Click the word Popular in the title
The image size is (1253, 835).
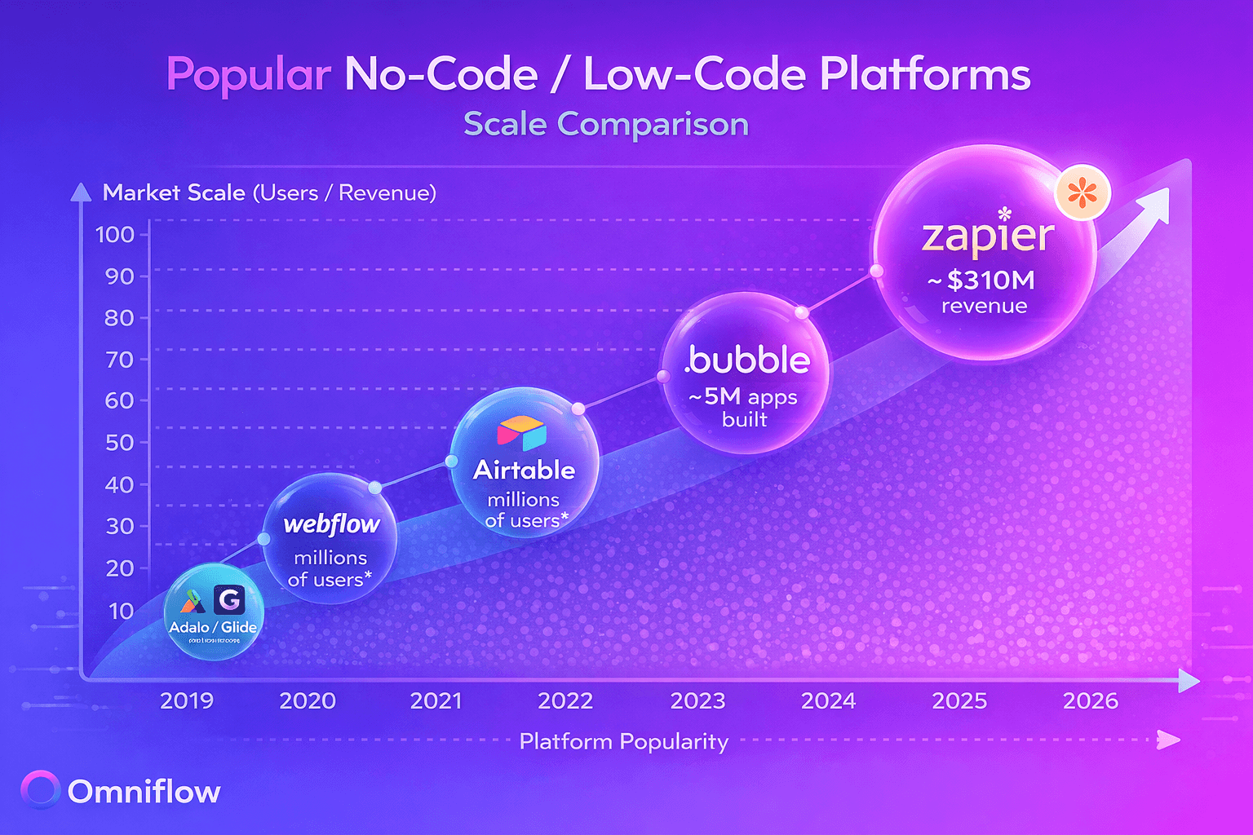tap(249, 75)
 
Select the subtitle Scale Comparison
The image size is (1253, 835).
tap(605, 125)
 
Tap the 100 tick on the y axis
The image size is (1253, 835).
tap(115, 235)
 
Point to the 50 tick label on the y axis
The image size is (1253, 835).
tap(119, 443)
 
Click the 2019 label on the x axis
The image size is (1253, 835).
tap(187, 700)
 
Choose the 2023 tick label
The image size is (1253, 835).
tap(697, 700)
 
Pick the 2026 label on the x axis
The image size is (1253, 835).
tap(1091, 700)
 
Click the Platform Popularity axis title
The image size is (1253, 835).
tap(624, 741)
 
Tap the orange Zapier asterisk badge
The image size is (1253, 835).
tap(1083, 194)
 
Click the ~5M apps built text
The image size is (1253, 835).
tap(743, 407)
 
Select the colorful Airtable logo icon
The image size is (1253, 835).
tap(522, 434)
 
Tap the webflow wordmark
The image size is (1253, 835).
tap(331, 524)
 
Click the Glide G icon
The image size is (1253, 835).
tap(229, 600)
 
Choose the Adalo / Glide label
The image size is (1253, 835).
tap(213, 627)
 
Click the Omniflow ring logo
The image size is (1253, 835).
tap(41, 790)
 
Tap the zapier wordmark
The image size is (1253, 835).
tap(988, 236)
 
